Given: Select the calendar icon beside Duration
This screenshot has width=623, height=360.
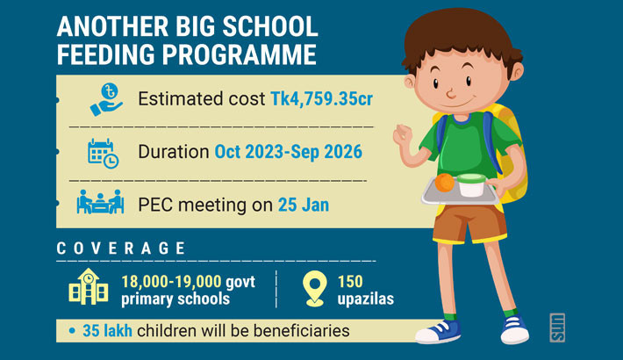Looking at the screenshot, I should [104, 152].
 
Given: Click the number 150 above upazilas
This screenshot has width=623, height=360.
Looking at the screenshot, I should [351, 281].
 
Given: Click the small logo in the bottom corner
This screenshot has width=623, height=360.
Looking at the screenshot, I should [556, 328].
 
